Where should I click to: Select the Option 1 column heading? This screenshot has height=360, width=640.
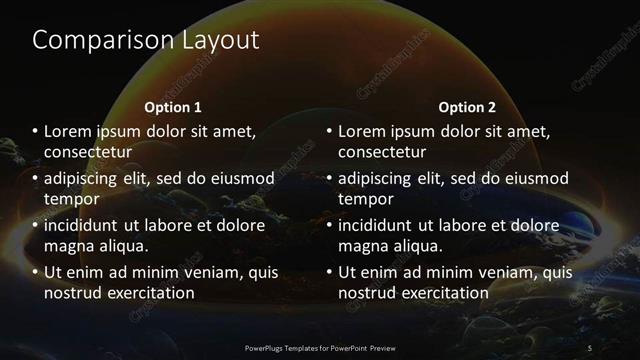(173, 106)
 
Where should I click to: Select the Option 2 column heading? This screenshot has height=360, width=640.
(466, 106)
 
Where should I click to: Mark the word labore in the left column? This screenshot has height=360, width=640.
(181, 225)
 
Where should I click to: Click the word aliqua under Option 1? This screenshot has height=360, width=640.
(119, 246)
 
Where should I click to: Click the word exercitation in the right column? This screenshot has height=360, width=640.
(441, 293)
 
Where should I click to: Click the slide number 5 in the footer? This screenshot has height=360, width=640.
(590, 346)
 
